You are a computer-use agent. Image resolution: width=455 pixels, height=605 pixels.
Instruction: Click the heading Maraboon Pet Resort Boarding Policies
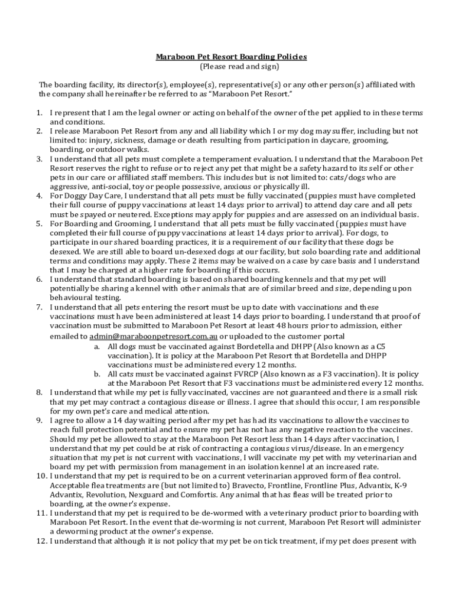point(231,57)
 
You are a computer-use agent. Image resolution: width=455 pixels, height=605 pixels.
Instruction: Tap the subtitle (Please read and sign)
point(231,66)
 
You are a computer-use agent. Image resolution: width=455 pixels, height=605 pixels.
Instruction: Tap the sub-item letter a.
point(96,346)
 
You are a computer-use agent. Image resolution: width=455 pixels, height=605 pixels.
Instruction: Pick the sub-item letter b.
point(96,374)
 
